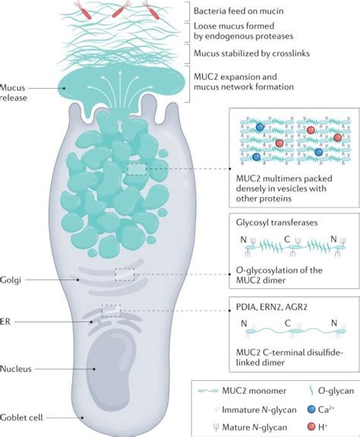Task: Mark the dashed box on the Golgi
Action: [125, 274]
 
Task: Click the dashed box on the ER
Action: [111, 310]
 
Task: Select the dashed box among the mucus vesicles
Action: [137, 168]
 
